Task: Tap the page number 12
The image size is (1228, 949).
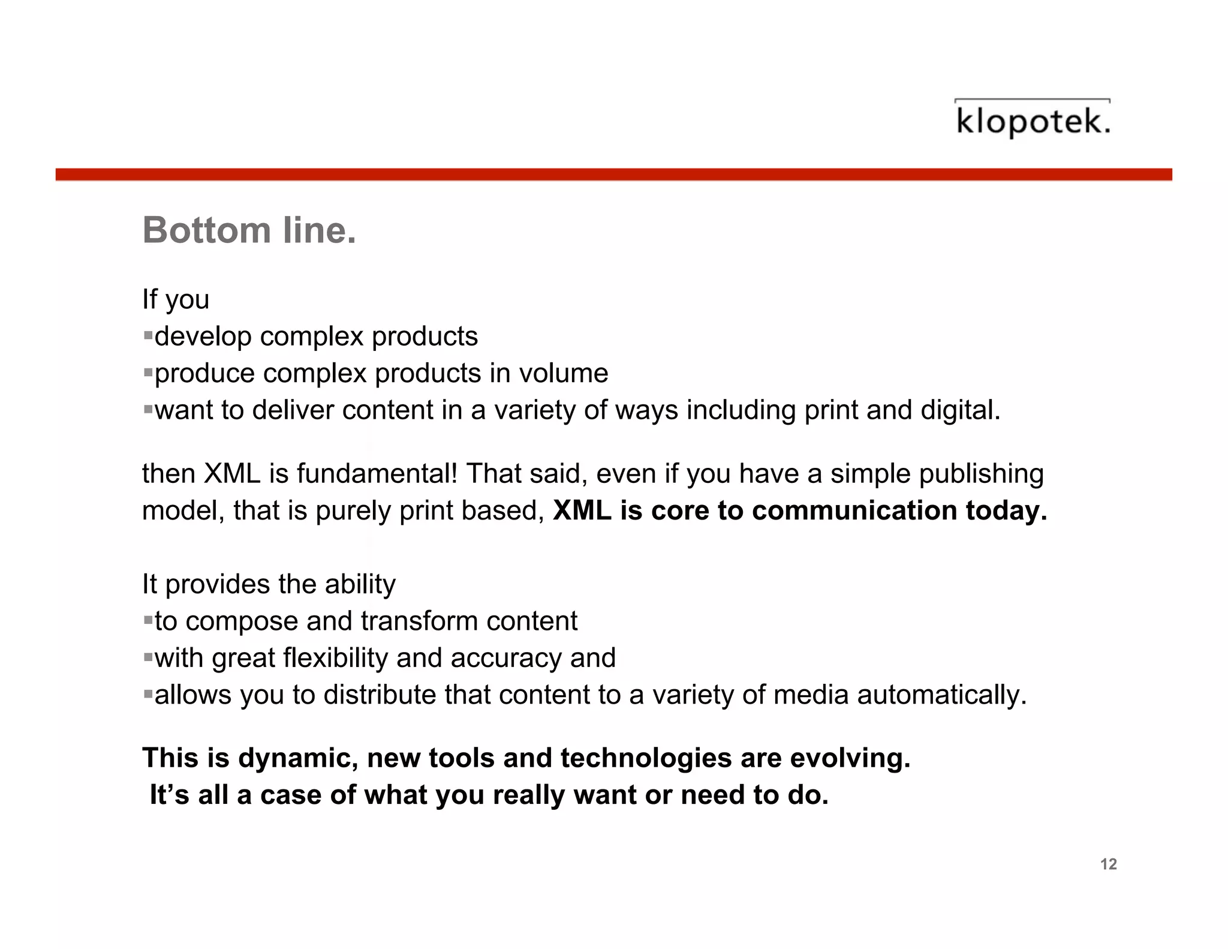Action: pyautogui.click(x=1109, y=864)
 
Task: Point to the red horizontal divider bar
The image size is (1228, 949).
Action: pyautogui.click(x=613, y=175)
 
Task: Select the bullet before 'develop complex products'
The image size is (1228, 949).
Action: pyautogui.click(x=148, y=335)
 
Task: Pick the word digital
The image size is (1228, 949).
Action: pyautogui.click(x=961, y=410)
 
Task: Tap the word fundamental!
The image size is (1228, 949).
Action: pyautogui.click(x=377, y=473)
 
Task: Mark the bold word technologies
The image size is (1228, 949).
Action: pyautogui.click(x=646, y=758)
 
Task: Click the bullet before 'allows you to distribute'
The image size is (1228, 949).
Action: pyautogui.click(x=148, y=695)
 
